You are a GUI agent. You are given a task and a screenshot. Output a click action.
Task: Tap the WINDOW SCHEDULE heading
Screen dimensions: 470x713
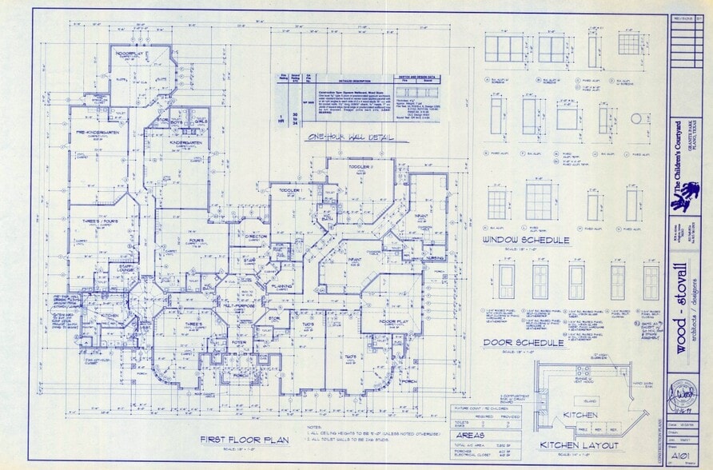tap(526, 240)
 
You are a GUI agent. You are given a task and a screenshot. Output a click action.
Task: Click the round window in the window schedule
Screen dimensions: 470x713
tap(636, 118)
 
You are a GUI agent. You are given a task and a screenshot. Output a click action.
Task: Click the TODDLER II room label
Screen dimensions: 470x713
tap(353, 167)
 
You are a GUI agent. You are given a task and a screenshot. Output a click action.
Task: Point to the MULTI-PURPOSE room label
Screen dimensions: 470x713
tap(238, 306)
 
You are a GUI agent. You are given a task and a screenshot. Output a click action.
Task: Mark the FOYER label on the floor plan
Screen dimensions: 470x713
tap(239, 343)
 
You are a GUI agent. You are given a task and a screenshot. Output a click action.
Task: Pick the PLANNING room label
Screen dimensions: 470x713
tap(281, 285)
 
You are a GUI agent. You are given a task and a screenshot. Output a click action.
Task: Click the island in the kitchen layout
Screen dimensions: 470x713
tap(589, 401)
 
